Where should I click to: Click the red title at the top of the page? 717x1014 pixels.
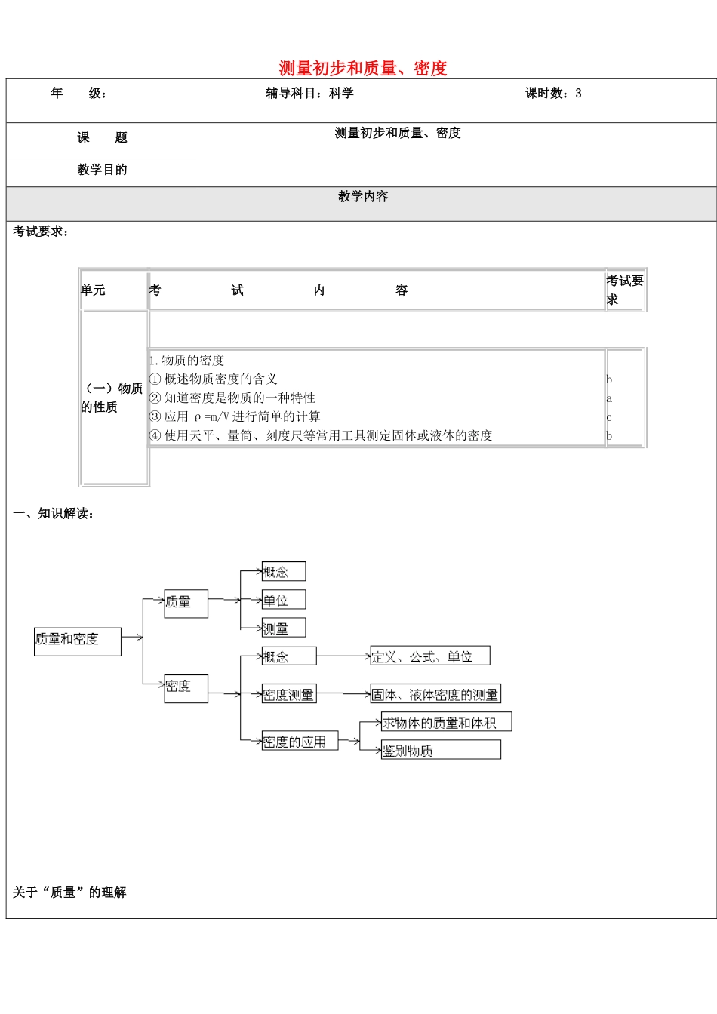tap(363, 69)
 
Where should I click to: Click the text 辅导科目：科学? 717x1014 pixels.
tap(309, 94)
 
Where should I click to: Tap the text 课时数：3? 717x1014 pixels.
tap(553, 94)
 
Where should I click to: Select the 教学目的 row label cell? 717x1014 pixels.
tap(102, 171)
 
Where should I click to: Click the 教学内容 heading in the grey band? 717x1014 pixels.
tap(363, 197)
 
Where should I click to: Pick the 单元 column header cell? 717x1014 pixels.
tap(113, 290)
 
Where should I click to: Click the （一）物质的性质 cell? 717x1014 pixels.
tap(112, 398)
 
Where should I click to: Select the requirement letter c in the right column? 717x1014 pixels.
tap(609, 417)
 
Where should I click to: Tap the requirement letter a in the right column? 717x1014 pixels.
tap(609, 398)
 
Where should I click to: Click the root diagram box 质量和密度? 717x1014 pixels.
tap(77, 640)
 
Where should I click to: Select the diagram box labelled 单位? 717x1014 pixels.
tap(283, 601)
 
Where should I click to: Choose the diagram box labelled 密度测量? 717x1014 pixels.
tap(288, 695)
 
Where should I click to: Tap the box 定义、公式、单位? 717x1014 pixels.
tap(429, 656)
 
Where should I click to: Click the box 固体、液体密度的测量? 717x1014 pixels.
tap(435, 694)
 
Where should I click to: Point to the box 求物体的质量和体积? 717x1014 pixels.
tap(445, 723)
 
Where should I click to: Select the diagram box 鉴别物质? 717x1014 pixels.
tap(440, 750)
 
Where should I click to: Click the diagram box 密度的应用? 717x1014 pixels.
tap(299, 742)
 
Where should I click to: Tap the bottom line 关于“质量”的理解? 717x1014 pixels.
tap(69, 893)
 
